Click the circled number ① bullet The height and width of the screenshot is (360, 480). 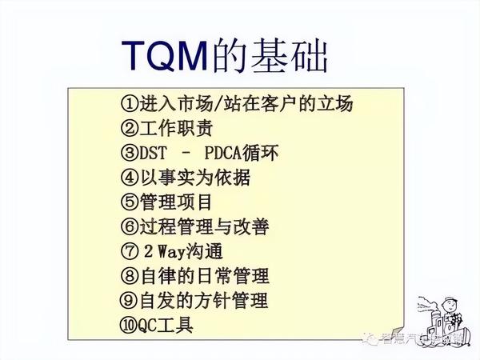(130, 104)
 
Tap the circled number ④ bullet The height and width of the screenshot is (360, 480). (130, 178)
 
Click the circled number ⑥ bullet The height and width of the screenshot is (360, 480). (130, 227)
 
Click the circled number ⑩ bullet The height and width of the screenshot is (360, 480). (130, 326)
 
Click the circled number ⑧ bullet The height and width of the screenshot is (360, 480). (130, 277)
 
